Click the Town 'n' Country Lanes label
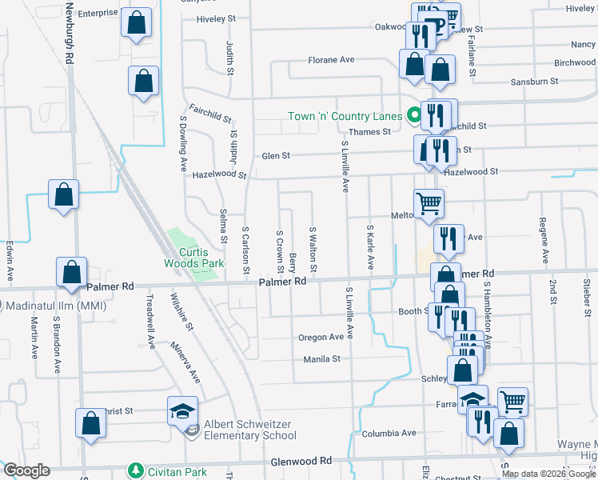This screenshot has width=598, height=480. (345, 117)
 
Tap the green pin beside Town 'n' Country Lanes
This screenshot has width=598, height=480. (414, 116)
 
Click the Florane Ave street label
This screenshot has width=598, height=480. (332, 60)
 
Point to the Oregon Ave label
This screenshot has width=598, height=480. (321, 338)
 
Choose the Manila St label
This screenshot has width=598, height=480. (322, 359)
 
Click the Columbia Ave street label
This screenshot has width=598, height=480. (389, 433)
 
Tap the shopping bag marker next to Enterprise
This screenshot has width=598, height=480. (137, 23)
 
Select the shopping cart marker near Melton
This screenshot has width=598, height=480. (429, 204)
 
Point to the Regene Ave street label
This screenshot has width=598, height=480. (543, 240)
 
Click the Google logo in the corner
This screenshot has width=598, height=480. (26, 470)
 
